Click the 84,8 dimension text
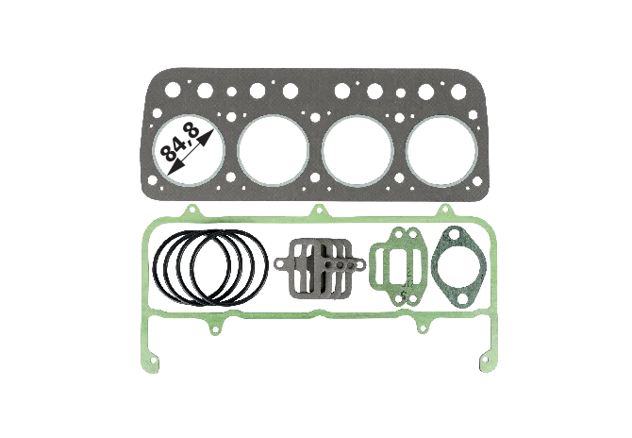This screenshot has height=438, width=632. (180, 143)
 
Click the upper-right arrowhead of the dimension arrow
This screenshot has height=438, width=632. (207, 136)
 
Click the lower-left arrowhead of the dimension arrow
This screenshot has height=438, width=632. (174, 167)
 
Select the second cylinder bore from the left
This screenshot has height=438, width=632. (274, 150)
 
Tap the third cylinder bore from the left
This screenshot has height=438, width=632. (358, 150)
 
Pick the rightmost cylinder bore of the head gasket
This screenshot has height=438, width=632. (441, 150)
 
